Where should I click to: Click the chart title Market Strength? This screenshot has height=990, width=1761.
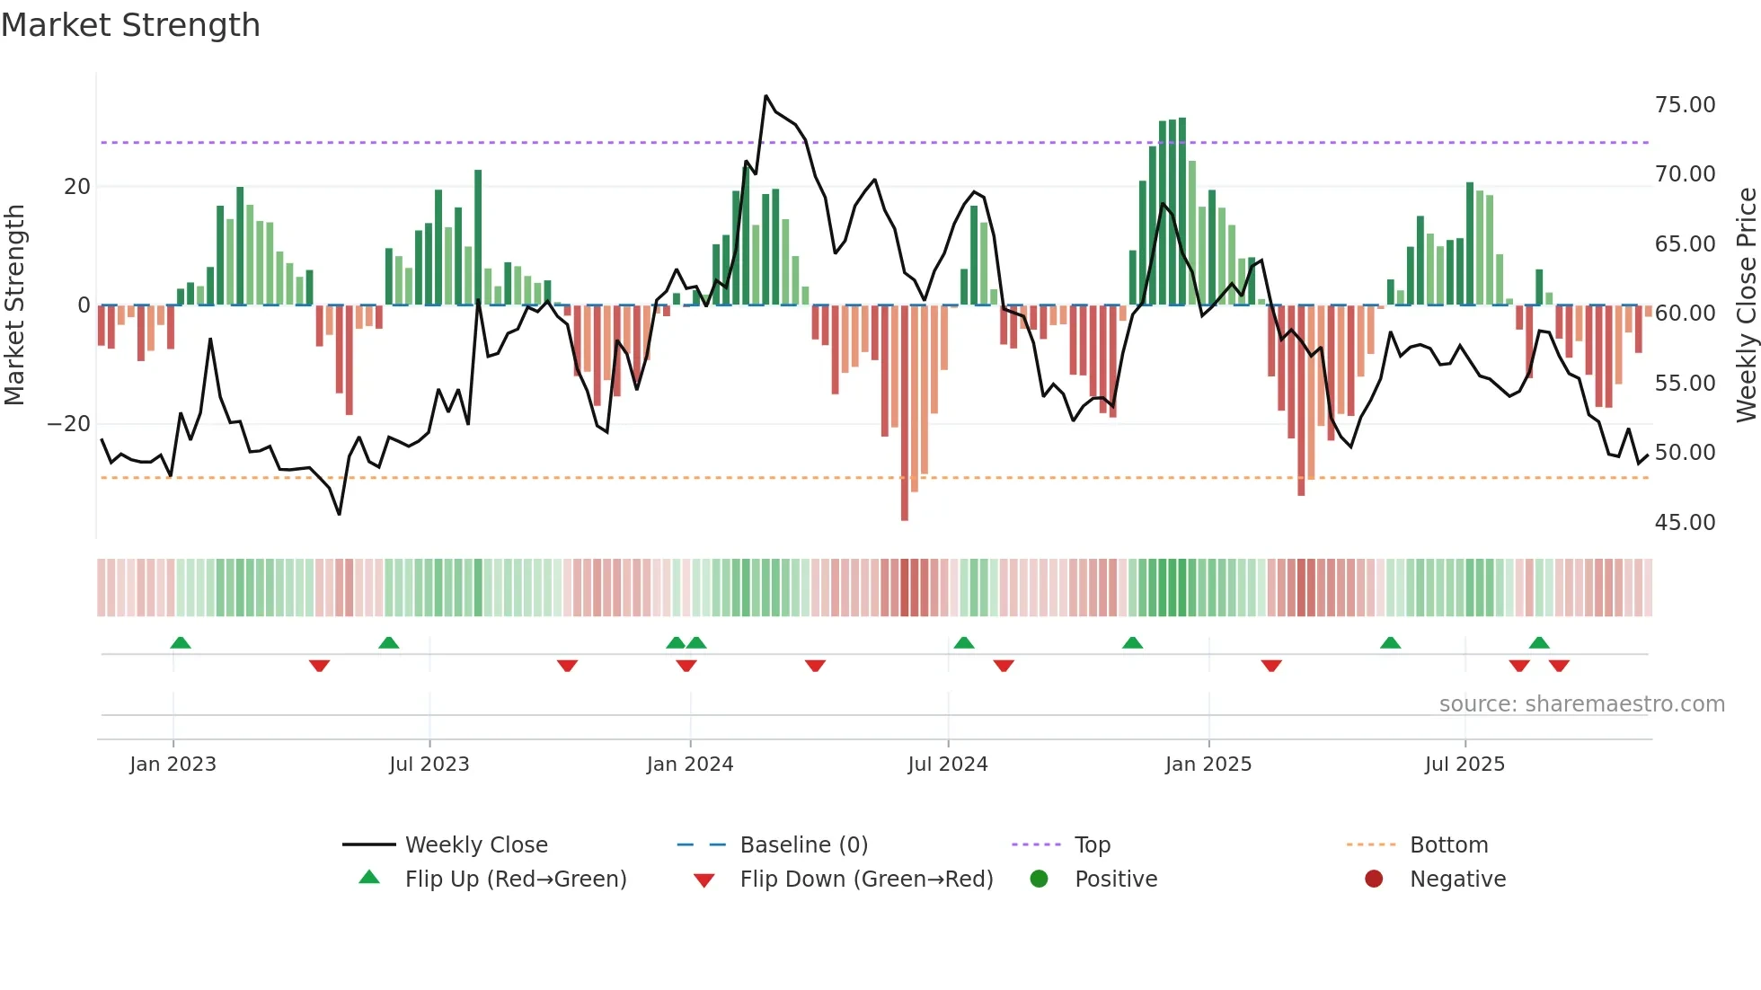tap(130, 25)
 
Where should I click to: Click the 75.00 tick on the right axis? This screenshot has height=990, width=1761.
tap(1685, 105)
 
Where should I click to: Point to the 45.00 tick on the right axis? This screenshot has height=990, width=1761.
tap(1685, 523)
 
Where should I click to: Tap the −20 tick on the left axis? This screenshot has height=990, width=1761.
tap(69, 424)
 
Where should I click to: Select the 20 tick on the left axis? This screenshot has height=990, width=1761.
tap(77, 187)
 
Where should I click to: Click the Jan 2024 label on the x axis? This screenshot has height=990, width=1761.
tap(690, 765)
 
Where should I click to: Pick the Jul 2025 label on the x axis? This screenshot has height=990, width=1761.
tap(1465, 765)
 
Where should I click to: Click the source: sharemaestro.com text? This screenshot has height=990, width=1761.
tap(1581, 704)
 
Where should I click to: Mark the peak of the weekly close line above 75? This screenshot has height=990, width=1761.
tap(765, 95)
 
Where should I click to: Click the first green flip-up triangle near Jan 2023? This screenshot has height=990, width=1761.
tap(181, 643)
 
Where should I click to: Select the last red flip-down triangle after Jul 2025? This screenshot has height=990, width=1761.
tap(1559, 666)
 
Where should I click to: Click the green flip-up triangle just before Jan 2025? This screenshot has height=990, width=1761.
tap(1132, 643)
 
